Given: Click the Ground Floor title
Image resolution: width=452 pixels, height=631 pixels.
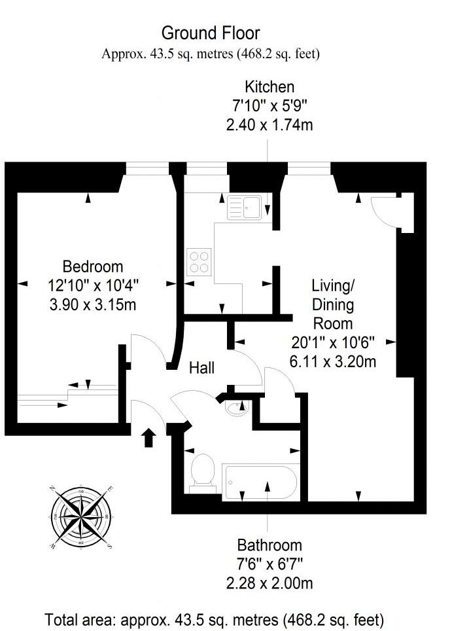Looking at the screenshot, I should coord(210,33).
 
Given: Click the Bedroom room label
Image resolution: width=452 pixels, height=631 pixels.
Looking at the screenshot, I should coord(93,267).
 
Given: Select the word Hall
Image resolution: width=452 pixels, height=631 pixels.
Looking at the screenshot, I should coord(202,369).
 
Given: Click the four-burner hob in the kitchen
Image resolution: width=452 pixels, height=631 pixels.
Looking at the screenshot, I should coord(199,262).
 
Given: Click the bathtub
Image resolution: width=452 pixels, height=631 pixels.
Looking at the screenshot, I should coord(260,482).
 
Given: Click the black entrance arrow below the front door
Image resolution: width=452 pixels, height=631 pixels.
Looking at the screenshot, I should coord(148,437).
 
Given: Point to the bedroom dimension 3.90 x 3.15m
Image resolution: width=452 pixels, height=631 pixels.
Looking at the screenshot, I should coord(93,304).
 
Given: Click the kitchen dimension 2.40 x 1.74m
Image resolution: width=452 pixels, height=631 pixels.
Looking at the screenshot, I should coord(269,124).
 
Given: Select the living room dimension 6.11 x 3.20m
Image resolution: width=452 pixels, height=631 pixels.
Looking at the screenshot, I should coord(333,360).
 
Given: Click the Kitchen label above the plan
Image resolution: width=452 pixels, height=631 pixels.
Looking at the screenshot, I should coord(269,86).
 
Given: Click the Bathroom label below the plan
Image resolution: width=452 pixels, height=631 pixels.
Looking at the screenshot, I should coord(269,545).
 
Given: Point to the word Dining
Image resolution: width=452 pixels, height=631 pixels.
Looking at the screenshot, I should coord(333,304).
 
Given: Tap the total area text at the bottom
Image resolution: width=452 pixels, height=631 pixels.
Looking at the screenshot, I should coord(214,619).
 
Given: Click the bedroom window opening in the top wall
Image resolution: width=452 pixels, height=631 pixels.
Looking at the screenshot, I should coord(147,169).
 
